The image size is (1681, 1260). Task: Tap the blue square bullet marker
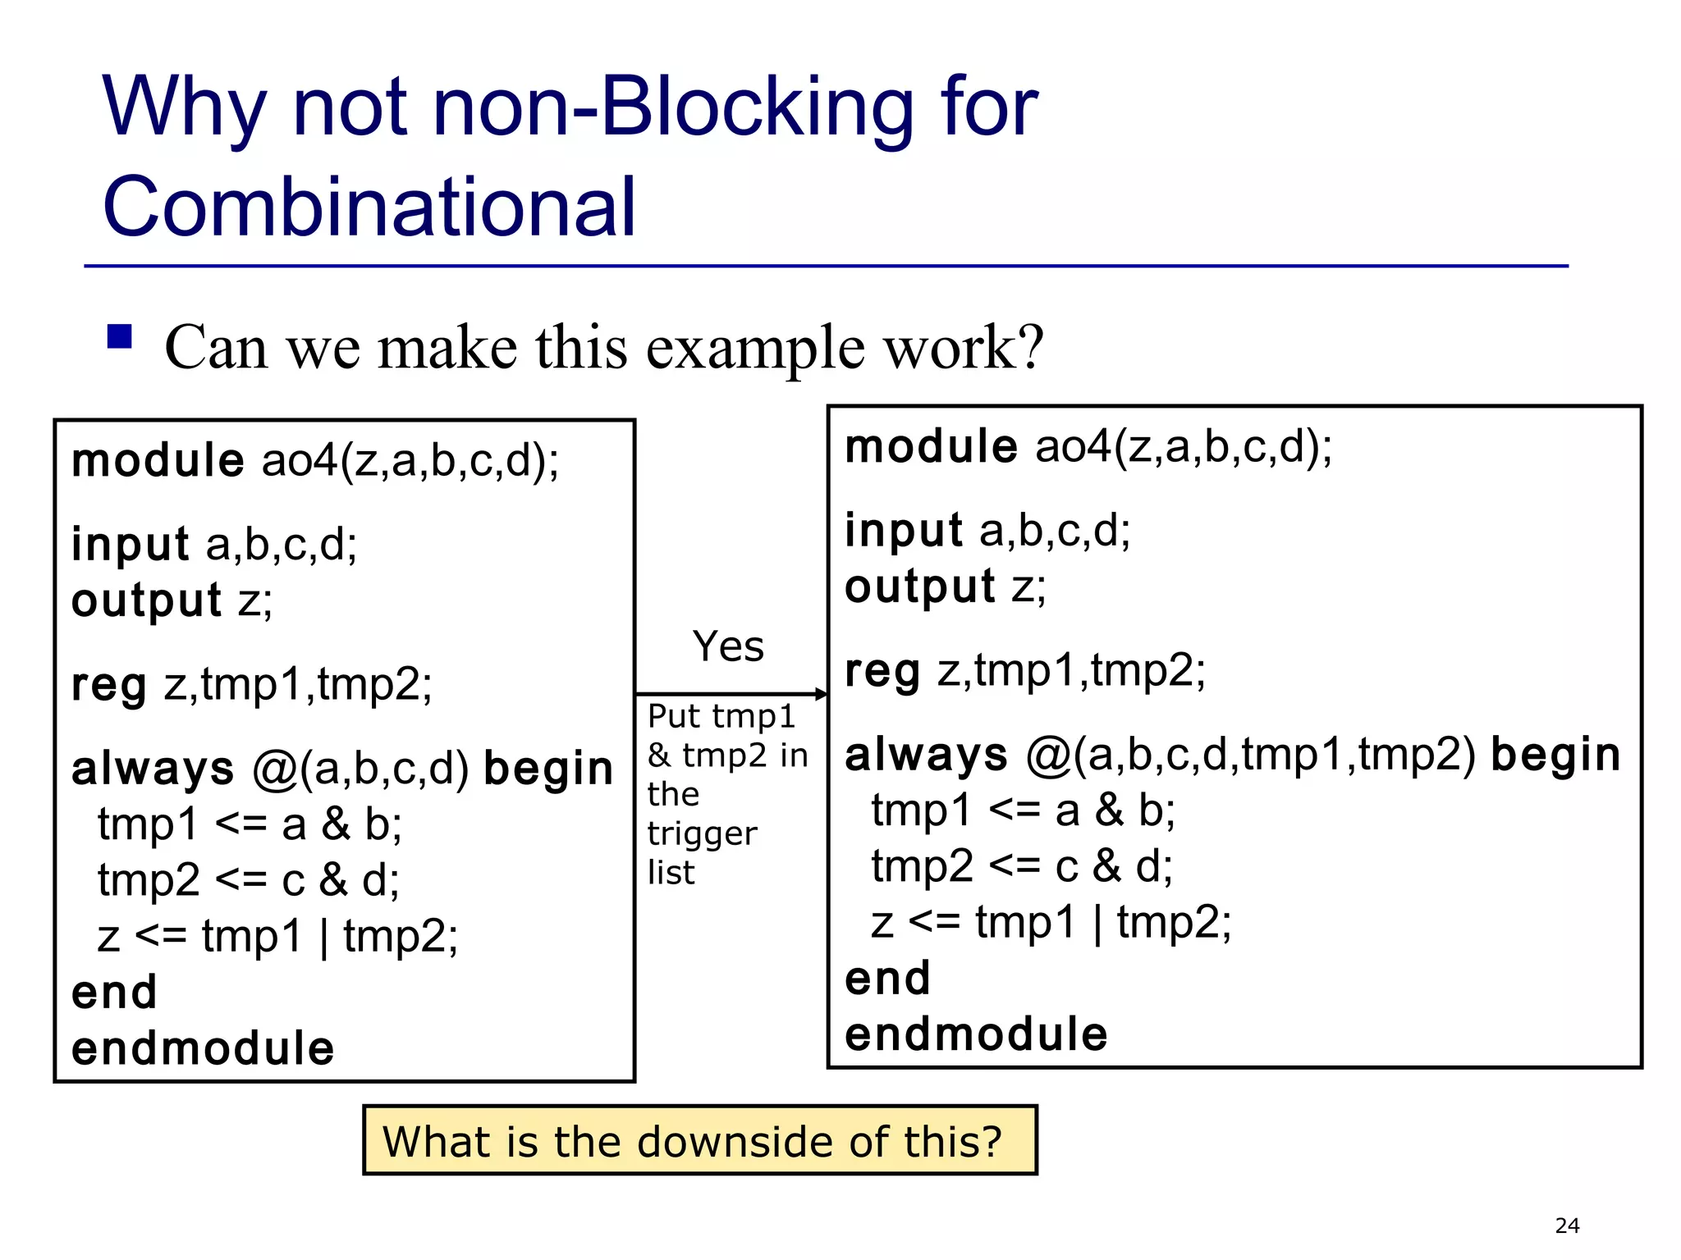[120, 337]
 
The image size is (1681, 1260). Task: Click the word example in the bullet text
[756, 348]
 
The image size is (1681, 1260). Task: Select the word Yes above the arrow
[728, 646]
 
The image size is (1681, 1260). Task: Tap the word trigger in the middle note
[702, 833]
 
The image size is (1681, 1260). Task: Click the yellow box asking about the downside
[699, 1141]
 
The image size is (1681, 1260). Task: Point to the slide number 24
[1566, 1226]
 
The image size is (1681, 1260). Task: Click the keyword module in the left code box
[158, 460]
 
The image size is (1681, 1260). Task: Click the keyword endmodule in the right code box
[976, 1034]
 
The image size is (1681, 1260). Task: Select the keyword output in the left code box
[146, 600]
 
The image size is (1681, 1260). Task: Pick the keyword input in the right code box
[903, 531]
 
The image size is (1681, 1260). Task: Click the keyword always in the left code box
[153, 769]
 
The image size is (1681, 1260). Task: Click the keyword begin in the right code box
[1555, 755]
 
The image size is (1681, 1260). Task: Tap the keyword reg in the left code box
[109, 685]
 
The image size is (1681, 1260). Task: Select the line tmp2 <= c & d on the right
[1022, 866]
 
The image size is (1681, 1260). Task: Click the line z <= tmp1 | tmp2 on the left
[277, 936]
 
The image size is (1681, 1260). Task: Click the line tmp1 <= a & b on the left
[250, 824]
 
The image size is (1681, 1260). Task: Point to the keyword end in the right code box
[887, 978]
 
